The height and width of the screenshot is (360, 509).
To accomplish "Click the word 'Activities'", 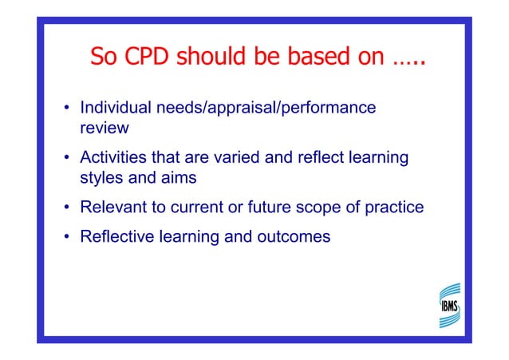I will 112,158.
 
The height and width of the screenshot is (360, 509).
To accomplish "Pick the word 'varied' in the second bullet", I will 239,158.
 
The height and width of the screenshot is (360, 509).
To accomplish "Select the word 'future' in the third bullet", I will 278,208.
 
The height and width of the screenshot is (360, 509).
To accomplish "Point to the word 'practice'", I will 393,208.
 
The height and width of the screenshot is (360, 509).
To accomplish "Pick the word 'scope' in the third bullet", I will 327,208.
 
